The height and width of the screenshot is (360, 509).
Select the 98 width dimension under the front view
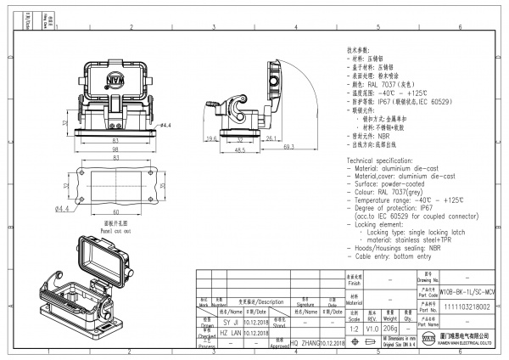[x=115, y=149]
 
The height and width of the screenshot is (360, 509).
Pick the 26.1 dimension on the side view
[x=271, y=138]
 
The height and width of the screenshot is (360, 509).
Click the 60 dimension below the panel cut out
[x=115, y=210]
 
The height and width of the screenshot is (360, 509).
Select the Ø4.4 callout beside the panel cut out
[x=62, y=208]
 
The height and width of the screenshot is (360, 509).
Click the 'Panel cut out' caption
[x=114, y=229]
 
